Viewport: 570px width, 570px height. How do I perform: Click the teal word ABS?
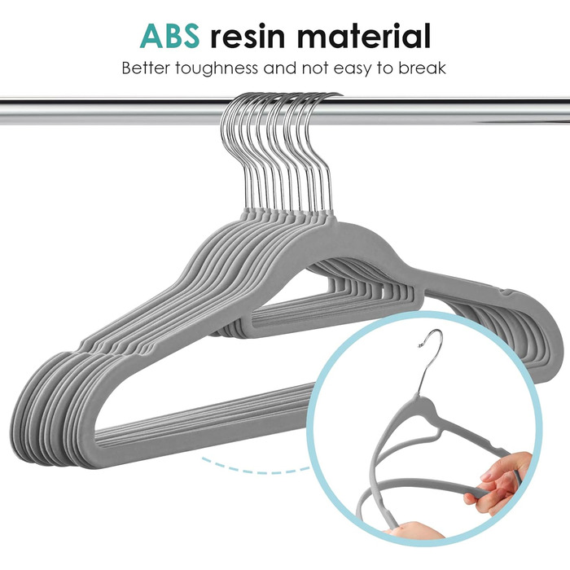point(169,36)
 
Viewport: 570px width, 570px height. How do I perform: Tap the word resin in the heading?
point(248,36)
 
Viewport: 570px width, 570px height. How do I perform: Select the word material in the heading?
point(364,36)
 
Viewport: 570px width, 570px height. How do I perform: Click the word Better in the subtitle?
point(146,68)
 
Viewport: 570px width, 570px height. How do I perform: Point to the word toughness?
point(217,68)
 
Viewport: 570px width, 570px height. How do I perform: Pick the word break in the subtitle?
point(422,68)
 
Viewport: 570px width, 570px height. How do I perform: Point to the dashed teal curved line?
point(254,469)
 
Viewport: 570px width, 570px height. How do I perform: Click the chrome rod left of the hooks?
point(110,112)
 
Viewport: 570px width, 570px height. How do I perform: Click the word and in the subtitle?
point(281,68)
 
